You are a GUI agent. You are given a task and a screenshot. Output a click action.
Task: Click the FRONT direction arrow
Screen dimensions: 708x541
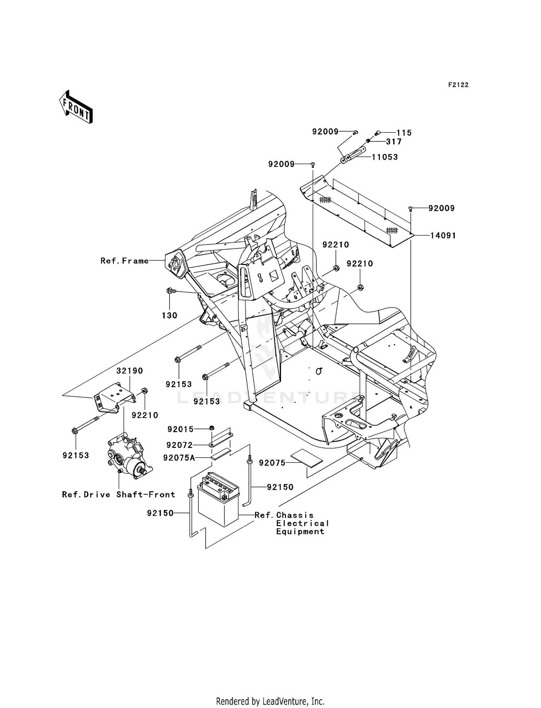click(x=76, y=107)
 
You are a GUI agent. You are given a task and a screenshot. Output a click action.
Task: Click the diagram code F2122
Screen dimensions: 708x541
click(x=458, y=85)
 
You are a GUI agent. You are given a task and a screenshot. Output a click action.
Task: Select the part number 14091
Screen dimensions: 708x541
click(x=443, y=236)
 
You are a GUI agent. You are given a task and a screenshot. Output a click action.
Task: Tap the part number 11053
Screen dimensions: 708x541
click(x=385, y=157)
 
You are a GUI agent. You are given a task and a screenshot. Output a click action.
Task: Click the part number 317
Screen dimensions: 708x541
click(x=394, y=142)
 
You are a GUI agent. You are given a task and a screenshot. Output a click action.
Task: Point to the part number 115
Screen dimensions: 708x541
click(x=404, y=133)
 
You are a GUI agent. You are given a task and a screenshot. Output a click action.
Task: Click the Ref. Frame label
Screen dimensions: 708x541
click(x=124, y=261)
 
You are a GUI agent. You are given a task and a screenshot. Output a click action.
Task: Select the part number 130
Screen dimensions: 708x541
click(x=169, y=316)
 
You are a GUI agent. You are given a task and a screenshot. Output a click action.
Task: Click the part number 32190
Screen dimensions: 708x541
click(x=129, y=371)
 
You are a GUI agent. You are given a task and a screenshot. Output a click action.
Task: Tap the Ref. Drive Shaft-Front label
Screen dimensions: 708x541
click(x=119, y=494)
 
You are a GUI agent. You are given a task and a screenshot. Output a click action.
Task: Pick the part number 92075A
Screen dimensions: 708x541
click(x=179, y=458)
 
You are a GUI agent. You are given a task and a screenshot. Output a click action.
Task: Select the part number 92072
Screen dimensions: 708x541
click(x=180, y=445)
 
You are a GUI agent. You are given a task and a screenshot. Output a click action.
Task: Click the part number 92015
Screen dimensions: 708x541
click(x=180, y=429)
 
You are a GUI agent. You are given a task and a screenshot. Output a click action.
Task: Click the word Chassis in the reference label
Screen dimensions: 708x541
click(x=295, y=515)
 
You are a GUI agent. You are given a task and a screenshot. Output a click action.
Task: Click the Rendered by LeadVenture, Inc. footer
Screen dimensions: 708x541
click(x=270, y=701)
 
